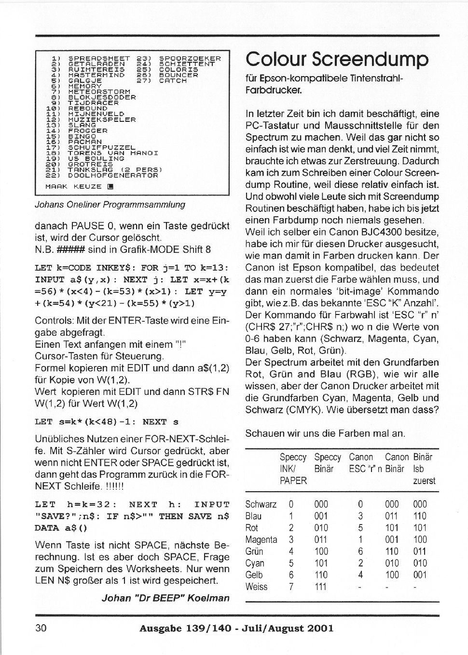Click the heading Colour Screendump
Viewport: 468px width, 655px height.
[337, 60]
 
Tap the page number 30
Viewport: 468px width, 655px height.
[41, 628]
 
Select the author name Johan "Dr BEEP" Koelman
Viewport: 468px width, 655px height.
[165, 598]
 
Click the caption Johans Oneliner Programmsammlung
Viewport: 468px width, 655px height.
[110, 204]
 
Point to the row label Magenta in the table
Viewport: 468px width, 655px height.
[261, 539]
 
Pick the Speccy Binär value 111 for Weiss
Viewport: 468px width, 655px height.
[320, 587]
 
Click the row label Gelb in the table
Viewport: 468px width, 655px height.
[254, 575]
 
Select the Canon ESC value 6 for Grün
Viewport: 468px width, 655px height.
[360, 551]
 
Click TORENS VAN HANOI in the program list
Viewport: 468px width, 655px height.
[113, 153]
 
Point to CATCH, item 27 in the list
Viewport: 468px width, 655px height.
[173, 81]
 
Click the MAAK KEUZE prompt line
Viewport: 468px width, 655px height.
[79, 186]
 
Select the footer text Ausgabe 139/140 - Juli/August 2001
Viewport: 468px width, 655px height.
[236, 628]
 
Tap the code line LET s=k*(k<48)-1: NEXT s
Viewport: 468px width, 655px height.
[107, 422]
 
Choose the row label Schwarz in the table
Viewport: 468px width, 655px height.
[261, 504]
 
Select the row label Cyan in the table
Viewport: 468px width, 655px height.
[255, 563]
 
